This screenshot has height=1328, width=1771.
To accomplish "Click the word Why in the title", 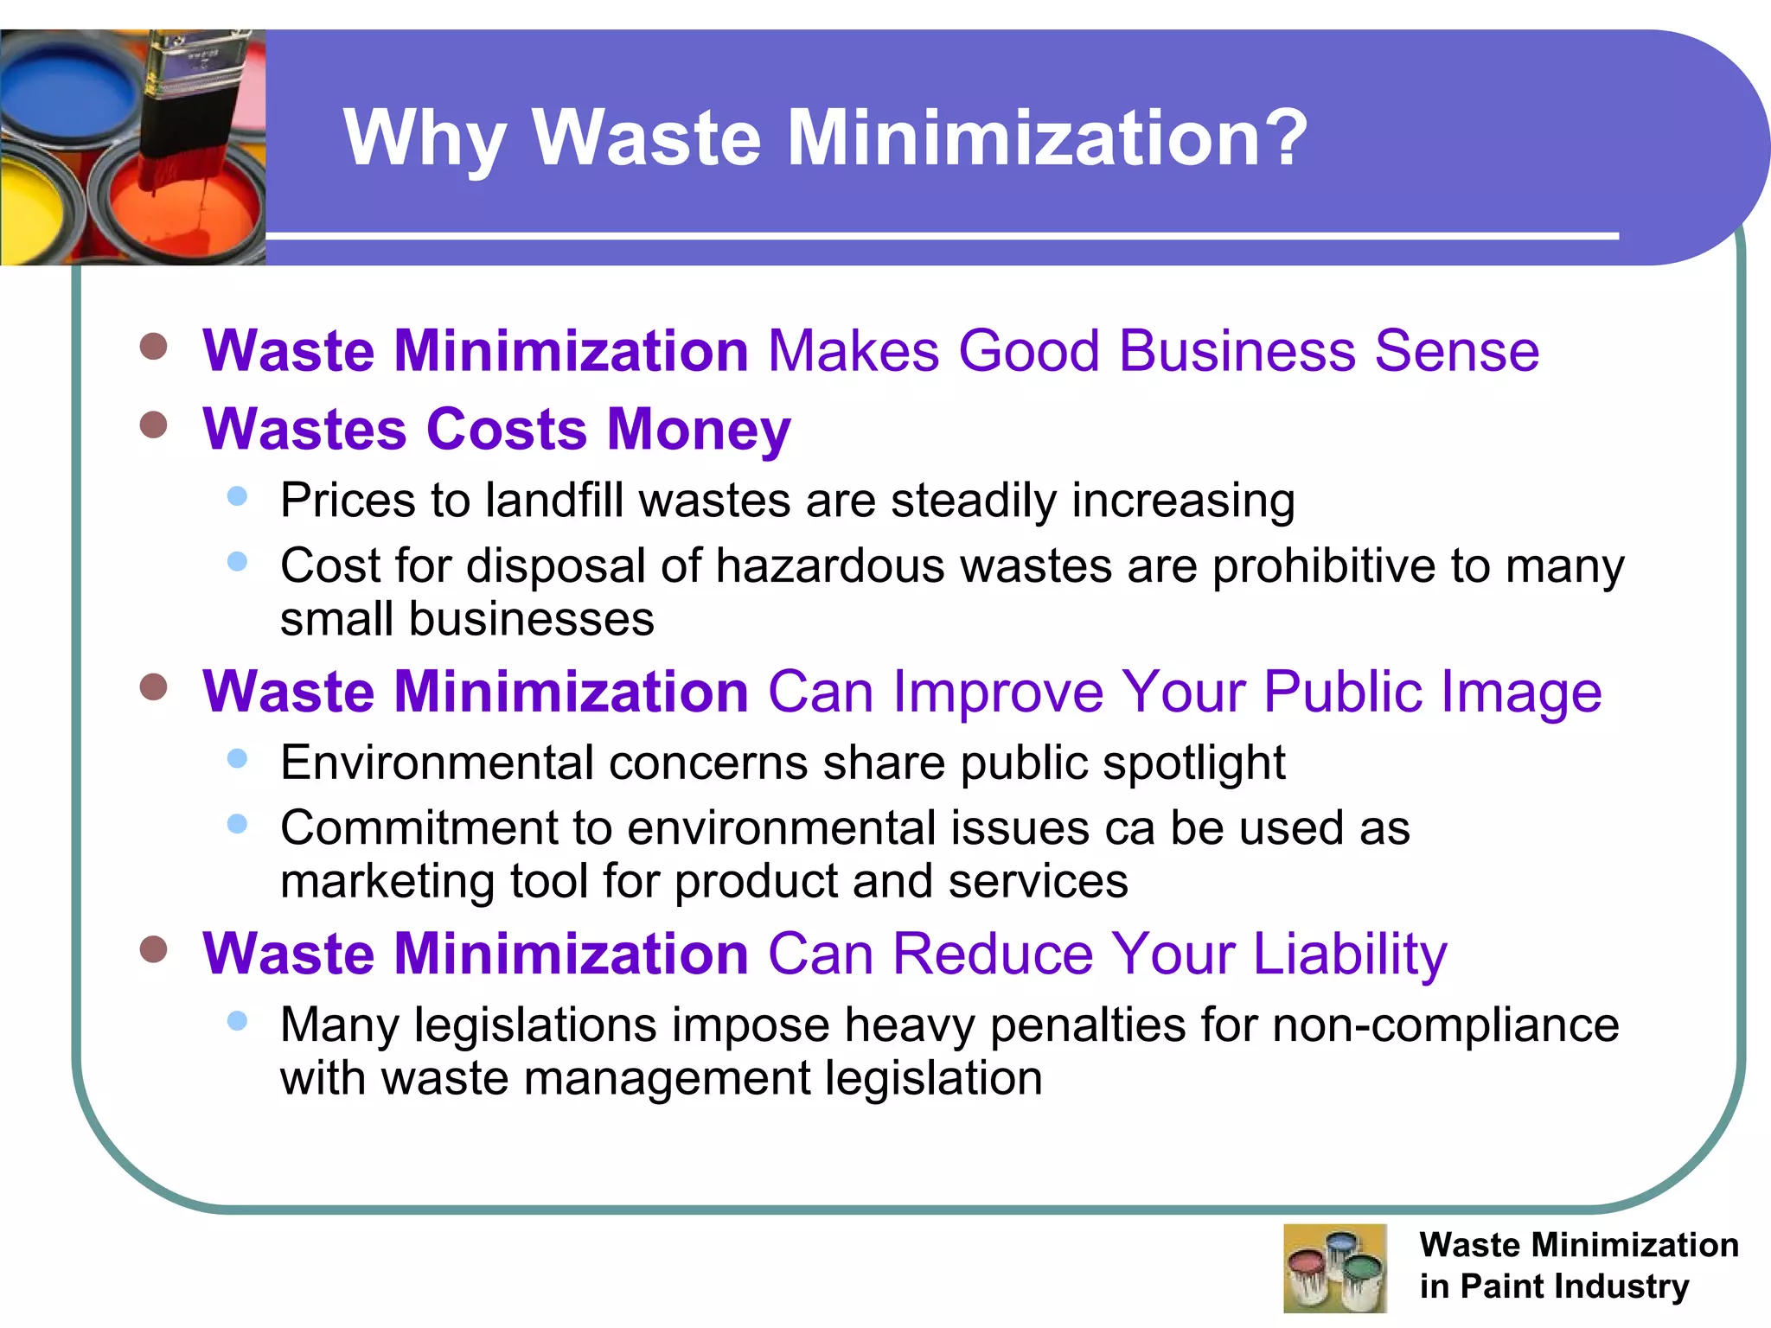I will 424,138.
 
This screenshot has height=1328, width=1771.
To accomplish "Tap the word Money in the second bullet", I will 698,430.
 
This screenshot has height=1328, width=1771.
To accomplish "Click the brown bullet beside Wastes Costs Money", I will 153,425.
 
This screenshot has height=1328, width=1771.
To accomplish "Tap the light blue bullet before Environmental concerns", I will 237,758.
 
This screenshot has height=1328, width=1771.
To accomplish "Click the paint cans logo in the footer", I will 1334,1267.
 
